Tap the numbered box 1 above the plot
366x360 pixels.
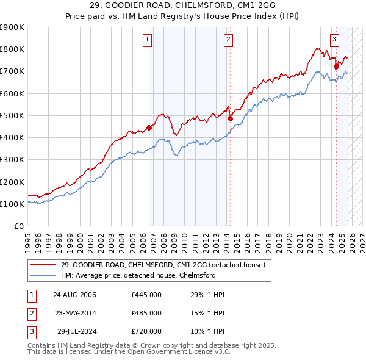coord(148,40)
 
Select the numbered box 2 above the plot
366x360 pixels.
coord(228,40)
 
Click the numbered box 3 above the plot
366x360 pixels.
coord(335,40)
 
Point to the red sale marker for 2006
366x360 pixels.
coord(149,128)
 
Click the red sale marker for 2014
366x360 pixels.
coord(230,119)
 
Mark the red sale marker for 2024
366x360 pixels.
coord(336,67)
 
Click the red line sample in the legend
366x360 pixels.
coord(44,265)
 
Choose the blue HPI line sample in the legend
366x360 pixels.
coord(44,276)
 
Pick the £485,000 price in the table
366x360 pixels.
coord(146,313)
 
